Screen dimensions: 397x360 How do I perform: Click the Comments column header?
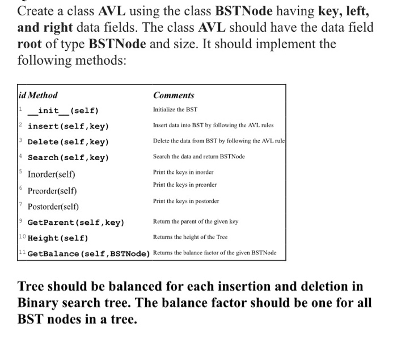click(x=174, y=95)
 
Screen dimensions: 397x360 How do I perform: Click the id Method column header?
click(x=38, y=95)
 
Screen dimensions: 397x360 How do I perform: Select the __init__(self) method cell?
click(x=64, y=110)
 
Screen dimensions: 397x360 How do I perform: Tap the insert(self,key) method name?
click(x=68, y=126)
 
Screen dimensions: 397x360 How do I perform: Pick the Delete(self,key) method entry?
click(x=68, y=142)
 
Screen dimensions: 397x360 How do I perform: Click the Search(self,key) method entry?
click(x=68, y=157)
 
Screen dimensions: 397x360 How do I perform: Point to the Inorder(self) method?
click(x=52, y=174)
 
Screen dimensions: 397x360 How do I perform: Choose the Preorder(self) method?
click(x=53, y=190)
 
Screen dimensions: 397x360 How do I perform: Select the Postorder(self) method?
click(x=54, y=207)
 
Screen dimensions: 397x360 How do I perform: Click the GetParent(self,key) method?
click(x=76, y=222)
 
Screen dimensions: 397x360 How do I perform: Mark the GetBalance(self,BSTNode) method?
click(x=88, y=253)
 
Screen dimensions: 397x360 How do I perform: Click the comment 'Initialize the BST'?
click(x=175, y=110)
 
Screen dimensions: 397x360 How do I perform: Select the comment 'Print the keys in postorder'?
click(x=186, y=201)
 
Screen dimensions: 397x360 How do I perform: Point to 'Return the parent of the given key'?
click(x=196, y=221)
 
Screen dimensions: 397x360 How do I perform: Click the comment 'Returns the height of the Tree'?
click(x=190, y=237)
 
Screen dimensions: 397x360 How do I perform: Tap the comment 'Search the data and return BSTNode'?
click(x=198, y=156)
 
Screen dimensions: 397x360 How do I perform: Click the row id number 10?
click(x=22, y=237)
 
